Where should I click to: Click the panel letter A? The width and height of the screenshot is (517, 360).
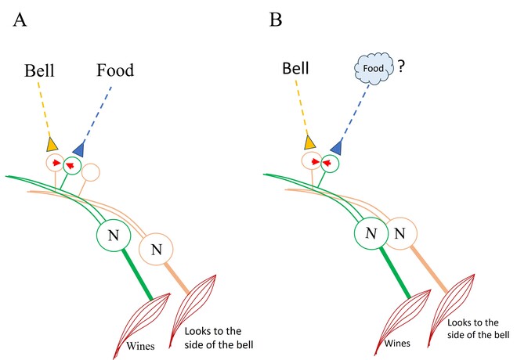click(20, 19)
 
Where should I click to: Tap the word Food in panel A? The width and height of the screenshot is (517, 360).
click(115, 71)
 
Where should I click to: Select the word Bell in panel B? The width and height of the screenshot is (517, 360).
click(296, 71)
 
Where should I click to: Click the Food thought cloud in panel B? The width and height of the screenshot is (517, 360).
click(370, 68)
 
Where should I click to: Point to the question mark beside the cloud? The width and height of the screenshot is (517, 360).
click(399, 67)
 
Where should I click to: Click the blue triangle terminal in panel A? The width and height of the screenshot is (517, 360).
click(78, 148)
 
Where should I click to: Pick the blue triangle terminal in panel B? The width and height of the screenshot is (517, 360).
click(337, 146)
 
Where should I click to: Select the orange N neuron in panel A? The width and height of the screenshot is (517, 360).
click(154, 250)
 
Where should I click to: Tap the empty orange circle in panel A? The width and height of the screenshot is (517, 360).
click(91, 171)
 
